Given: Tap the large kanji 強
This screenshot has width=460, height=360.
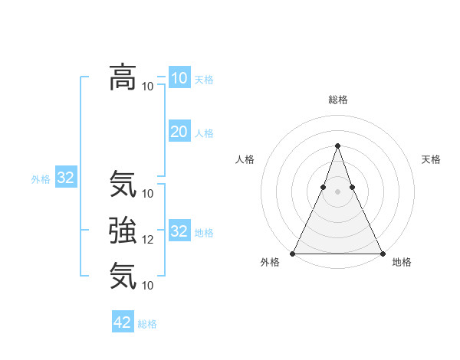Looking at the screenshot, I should (123, 230).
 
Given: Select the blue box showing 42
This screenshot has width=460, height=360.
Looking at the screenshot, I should (123, 322).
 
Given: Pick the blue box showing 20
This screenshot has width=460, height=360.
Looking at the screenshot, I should (179, 132).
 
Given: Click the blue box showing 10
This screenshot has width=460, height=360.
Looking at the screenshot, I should (179, 78).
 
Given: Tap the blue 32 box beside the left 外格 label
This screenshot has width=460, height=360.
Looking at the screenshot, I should (66, 178).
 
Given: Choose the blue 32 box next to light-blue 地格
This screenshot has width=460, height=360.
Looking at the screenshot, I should (179, 231).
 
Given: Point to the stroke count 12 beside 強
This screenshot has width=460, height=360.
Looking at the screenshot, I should (148, 240).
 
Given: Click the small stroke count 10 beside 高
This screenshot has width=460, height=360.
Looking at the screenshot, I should (148, 86).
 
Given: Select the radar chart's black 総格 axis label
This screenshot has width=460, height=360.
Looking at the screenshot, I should (337, 100).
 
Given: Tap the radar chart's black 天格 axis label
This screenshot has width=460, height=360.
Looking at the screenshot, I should (432, 159).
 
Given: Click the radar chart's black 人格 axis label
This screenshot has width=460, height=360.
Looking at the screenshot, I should (245, 159).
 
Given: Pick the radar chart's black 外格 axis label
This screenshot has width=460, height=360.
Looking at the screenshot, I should (270, 262).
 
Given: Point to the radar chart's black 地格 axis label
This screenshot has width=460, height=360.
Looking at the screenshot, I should (402, 262).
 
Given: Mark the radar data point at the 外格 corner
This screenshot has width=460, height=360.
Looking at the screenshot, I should (293, 253).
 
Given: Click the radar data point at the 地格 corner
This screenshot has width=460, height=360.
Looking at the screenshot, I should (382, 253).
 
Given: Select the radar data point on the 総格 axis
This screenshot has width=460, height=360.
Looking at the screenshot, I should (337, 146).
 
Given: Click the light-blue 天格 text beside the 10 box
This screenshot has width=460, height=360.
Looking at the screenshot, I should (204, 80).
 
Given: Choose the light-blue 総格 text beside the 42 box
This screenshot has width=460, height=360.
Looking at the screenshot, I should (147, 324).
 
